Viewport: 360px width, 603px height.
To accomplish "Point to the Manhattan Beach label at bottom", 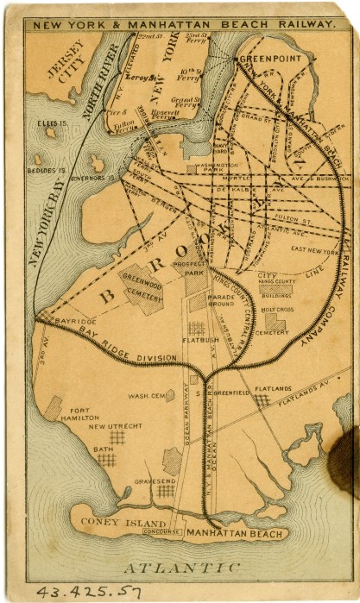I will pos(231,534).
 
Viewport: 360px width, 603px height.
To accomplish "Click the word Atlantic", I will pos(180,568).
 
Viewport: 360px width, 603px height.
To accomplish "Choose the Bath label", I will pos(103,449).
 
